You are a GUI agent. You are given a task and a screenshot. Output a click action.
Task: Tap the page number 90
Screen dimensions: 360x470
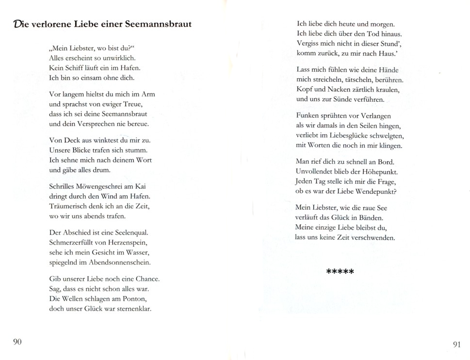click(x=17, y=342)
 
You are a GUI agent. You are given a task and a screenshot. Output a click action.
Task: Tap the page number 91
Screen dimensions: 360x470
click(x=456, y=344)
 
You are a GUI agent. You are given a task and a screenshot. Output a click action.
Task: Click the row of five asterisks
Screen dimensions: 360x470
click(x=340, y=271)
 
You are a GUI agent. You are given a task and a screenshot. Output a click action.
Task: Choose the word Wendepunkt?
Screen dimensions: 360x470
click(x=373, y=191)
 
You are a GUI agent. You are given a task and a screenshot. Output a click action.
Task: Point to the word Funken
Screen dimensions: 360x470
click(x=308, y=116)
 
